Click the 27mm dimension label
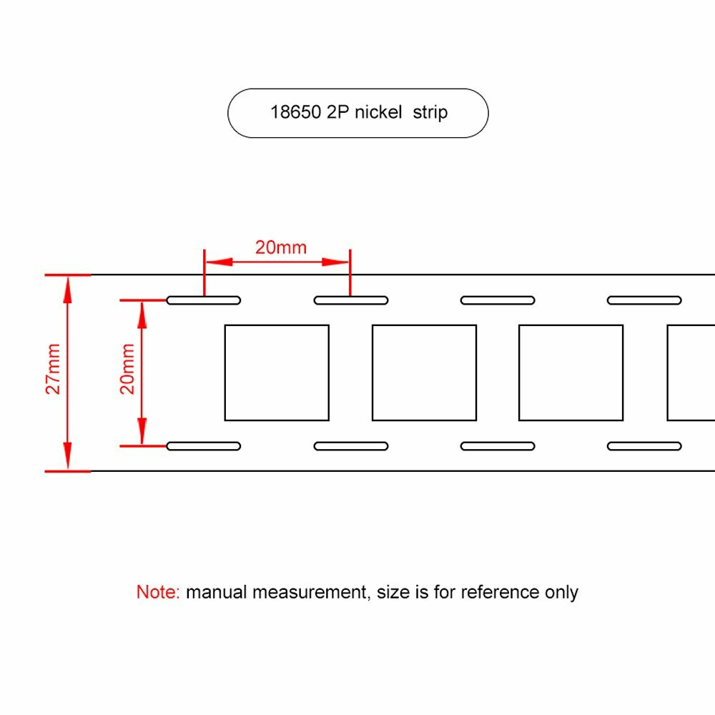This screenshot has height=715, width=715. (x=54, y=369)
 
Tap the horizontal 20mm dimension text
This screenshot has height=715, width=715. (x=280, y=247)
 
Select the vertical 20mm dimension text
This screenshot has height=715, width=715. (x=127, y=369)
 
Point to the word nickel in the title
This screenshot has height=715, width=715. (x=378, y=112)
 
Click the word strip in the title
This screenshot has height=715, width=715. (x=430, y=113)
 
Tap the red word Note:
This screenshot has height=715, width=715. (x=158, y=592)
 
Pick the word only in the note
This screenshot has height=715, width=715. (x=561, y=592)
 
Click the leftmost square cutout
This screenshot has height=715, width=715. (x=277, y=373)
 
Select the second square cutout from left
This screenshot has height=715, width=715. (x=424, y=373)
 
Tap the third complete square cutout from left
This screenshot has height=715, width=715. (x=571, y=373)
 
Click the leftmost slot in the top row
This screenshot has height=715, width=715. (x=204, y=300)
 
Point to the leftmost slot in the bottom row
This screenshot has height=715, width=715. (x=204, y=446)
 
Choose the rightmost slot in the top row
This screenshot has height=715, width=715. (x=644, y=300)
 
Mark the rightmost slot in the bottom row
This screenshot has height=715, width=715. (x=644, y=446)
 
